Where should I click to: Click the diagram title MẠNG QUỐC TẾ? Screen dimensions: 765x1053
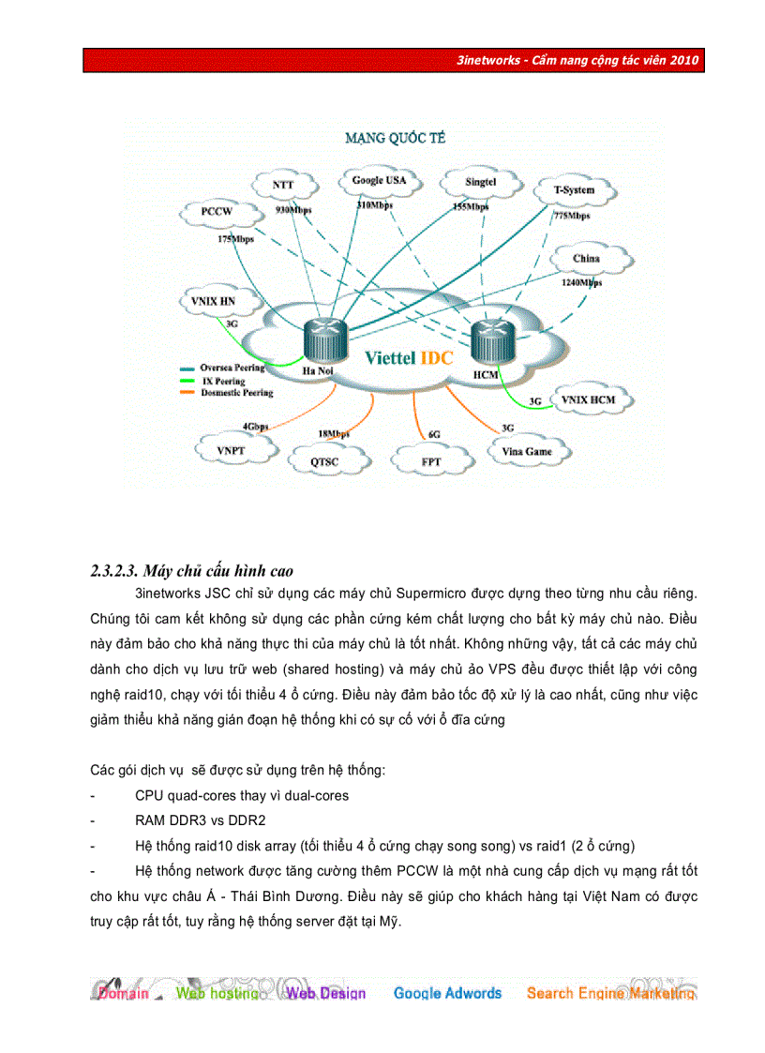[395, 138]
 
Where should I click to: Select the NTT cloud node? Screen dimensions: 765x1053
[283, 186]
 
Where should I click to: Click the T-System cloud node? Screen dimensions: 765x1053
[574, 190]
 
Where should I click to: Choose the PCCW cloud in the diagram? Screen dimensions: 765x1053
[217, 212]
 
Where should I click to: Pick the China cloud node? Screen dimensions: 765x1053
[587, 258]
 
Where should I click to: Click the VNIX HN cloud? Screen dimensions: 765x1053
[213, 301]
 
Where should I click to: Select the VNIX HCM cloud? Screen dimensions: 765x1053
[589, 400]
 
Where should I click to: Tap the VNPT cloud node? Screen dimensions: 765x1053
[231, 450]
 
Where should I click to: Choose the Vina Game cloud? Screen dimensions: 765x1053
[526, 451]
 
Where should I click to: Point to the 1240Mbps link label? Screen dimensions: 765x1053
[581, 281]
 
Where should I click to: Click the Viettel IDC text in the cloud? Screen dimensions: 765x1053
[409, 357]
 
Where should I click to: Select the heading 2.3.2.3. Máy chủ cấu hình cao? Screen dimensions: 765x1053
[192, 571]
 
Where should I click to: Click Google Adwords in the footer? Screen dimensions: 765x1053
[447, 993]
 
